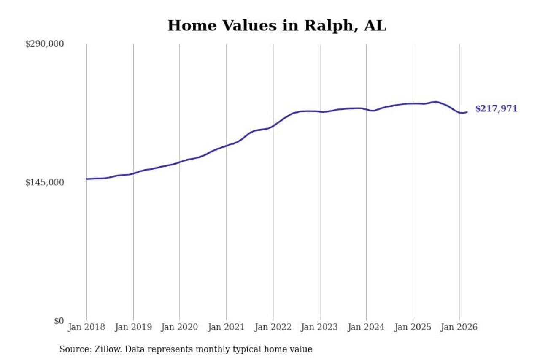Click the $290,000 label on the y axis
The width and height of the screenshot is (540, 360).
pyautogui.click(x=44, y=44)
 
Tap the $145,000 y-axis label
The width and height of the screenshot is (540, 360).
pyautogui.click(x=44, y=182)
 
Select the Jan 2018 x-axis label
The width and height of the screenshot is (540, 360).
pyautogui.click(x=87, y=328)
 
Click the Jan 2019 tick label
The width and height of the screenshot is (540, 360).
pyautogui.click(x=133, y=328)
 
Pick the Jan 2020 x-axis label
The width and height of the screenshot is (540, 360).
pyautogui.click(x=180, y=328)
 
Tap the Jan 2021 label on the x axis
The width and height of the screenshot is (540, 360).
pyautogui.click(x=227, y=328)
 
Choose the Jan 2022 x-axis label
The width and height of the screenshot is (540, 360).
pyautogui.click(x=273, y=328)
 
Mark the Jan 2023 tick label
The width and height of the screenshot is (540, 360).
pyautogui.click(x=320, y=328)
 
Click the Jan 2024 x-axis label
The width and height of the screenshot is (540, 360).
pyautogui.click(x=366, y=328)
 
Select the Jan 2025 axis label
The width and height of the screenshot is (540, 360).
pyautogui.click(x=413, y=328)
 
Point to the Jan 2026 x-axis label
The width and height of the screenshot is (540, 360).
pyautogui.click(x=459, y=328)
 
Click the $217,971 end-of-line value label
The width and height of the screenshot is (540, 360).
pyautogui.click(x=496, y=109)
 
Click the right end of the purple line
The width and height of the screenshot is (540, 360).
pyautogui.click(x=467, y=112)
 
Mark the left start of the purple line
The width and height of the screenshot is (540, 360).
pyautogui.click(x=87, y=179)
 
